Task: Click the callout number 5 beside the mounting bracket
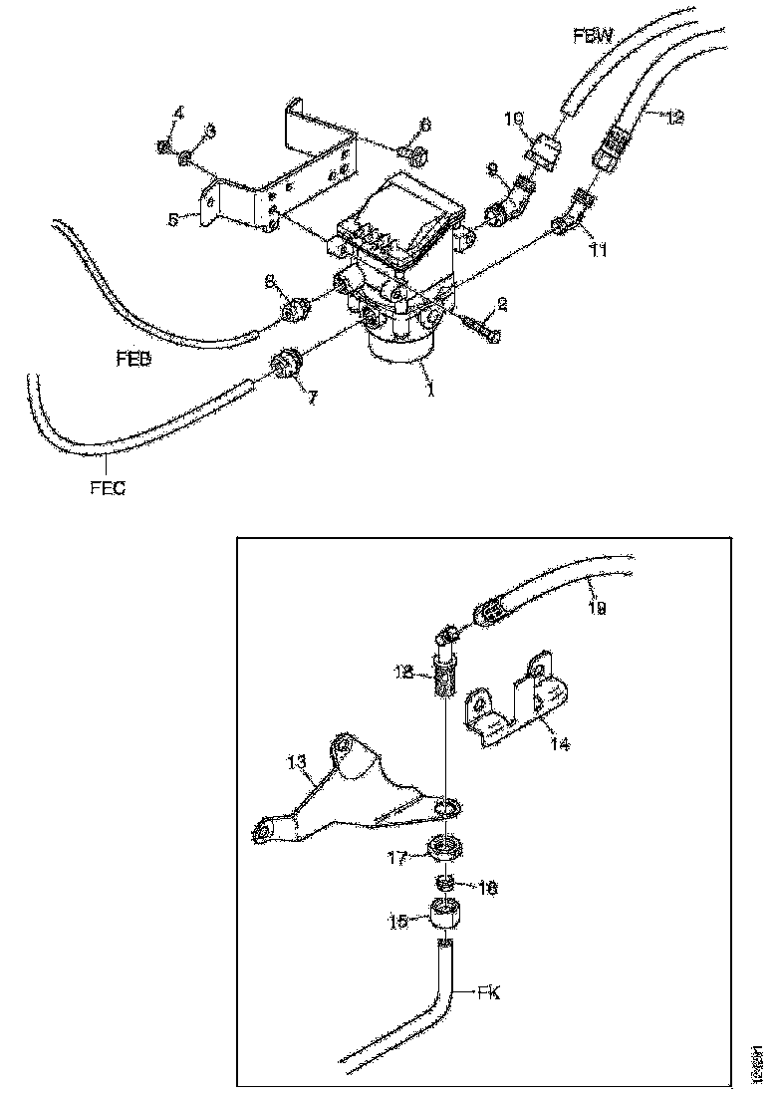[172, 219]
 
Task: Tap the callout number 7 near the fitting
[312, 397]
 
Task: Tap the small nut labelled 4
[163, 148]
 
